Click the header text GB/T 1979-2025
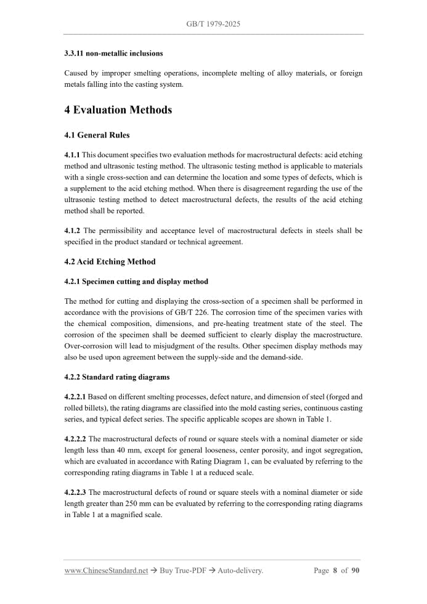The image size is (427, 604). point(213,24)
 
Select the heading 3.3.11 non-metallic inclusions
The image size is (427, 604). point(113,54)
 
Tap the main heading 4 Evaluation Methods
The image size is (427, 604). point(118,110)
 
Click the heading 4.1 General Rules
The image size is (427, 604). point(97,135)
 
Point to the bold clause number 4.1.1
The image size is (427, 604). point(72,156)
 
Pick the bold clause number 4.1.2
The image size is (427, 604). point(72,231)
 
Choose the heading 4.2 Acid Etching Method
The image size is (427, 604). point(110,261)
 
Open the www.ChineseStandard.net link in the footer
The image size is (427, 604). point(106,571)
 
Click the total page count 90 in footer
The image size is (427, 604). point(355,571)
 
